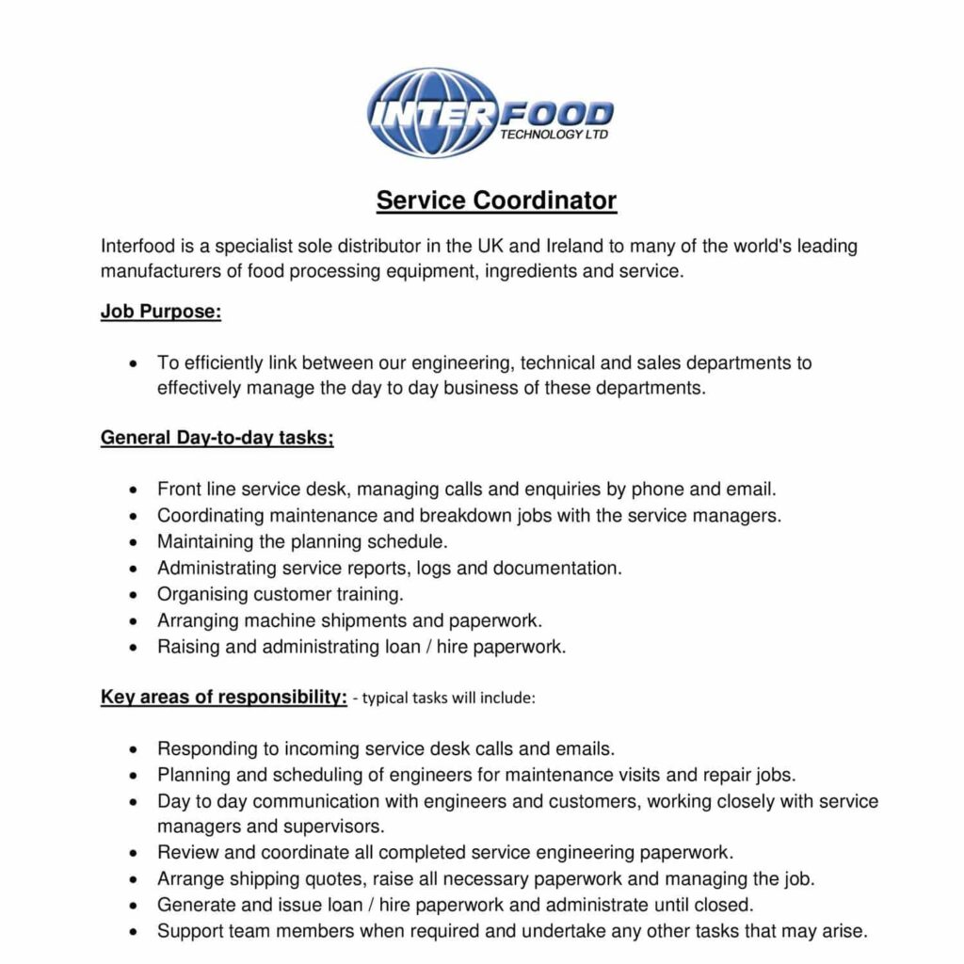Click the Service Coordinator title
coord(496,201)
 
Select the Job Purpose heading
coord(160,313)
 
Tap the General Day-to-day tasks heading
coord(217,438)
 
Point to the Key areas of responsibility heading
coord(224,698)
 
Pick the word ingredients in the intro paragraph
coord(525,273)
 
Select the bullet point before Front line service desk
coord(136,490)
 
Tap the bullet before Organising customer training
coord(136,596)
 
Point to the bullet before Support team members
coord(136,933)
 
